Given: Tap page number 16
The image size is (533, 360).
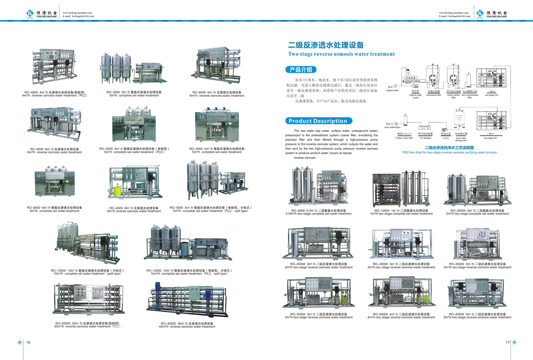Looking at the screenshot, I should pos(28,342).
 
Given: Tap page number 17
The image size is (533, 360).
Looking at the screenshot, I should pos(507,342).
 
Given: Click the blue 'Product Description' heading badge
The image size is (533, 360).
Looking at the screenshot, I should pos(318,121).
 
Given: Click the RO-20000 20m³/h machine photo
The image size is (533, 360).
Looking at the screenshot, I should pos(88,299).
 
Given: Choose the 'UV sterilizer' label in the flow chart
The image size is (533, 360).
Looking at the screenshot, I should pos(425,138).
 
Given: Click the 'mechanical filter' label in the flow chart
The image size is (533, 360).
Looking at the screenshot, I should pos(433,95).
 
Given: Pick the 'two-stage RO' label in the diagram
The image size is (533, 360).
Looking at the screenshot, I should pos(490,138).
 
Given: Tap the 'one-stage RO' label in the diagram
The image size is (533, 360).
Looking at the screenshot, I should pos(491,95).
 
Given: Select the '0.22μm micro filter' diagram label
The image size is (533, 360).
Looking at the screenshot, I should pos(404,138).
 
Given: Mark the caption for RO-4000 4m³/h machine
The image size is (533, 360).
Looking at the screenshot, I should pos(55,94).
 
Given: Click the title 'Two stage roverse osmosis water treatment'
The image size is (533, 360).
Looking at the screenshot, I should pos(341,54).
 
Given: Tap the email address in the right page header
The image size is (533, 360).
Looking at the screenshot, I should pos(454,16).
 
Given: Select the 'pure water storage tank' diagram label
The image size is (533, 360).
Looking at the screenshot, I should pos(461,139).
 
